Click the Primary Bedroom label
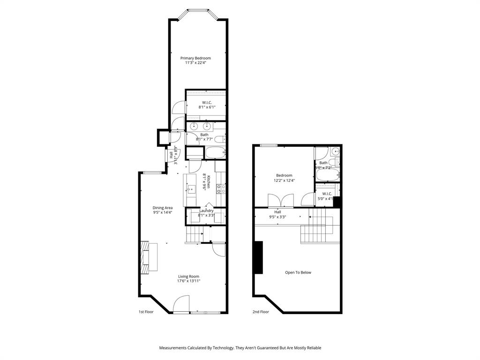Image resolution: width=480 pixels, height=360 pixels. click(196, 58)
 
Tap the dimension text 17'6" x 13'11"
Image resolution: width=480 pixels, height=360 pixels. click(188, 281)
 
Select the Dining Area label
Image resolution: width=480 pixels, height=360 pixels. click(163, 208)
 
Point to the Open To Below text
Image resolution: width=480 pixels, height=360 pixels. click(298, 272)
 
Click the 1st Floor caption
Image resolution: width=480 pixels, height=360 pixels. click(146, 312)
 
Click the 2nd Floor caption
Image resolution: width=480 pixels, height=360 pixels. click(261, 312)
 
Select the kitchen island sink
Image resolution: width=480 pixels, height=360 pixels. click(190, 189)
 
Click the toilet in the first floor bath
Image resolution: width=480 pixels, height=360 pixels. click(223, 139)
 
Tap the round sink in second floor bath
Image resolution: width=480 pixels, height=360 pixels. click(335, 151)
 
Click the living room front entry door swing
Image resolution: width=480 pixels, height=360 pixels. click(181, 304)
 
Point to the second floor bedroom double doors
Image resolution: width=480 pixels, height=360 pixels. click(280, 200)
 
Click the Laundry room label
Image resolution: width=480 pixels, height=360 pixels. click(206, 211)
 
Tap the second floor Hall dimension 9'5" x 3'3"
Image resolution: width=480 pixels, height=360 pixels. click(277, 217)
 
